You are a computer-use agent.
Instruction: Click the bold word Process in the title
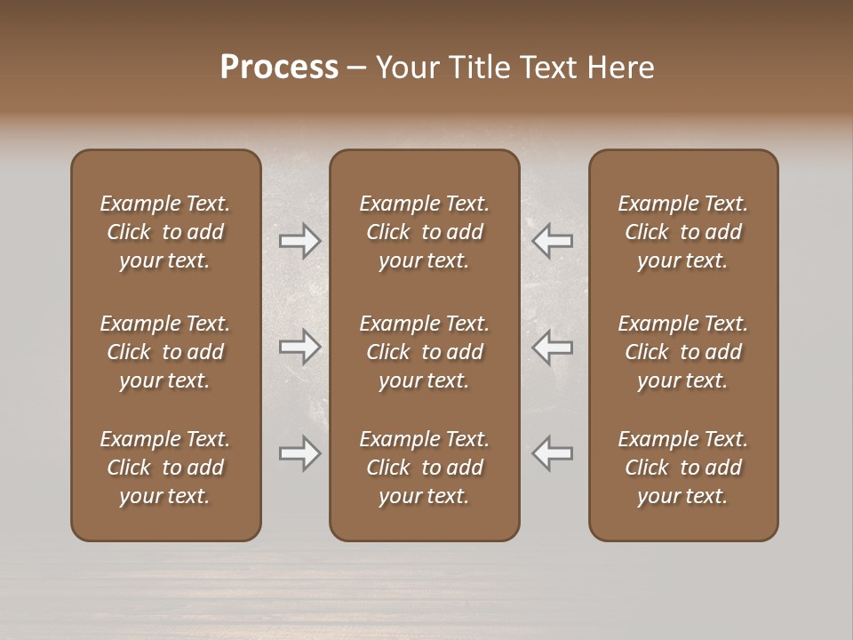tap(279, 68)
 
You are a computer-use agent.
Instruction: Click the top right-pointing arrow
tap(300, 240)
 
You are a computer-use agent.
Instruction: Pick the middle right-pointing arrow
tap(300, 347)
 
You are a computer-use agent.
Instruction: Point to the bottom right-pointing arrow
tap(300, 453)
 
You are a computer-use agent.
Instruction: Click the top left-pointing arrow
tap(553, 240)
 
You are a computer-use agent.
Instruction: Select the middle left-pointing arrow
tap(553, 347)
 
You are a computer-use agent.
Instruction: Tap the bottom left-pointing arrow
tap(553, 453)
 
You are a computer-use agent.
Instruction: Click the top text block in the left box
tap(165, 232)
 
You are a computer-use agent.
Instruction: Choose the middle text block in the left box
tap(165, 352)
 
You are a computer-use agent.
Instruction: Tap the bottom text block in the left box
tap(165, 468)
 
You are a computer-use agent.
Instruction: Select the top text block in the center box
tap(425, 232)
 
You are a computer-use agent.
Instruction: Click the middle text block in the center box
tap(425, 352)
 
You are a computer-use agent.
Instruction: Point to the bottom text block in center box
tap(425, 468)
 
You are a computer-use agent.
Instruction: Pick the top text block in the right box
tap(683, 232)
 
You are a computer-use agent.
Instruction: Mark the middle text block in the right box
tap(683, 352)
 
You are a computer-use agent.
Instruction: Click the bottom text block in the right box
tap(683, 468)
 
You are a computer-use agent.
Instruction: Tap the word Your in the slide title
tap(405, 68)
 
